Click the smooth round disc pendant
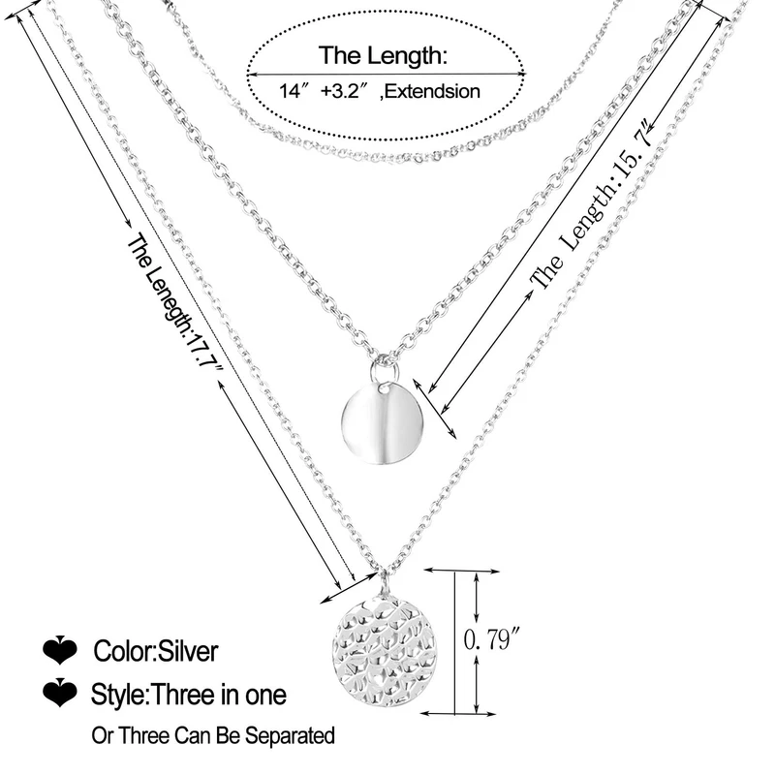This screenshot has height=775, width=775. coord(378,422)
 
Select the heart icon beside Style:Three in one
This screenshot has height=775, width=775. coord(60,694)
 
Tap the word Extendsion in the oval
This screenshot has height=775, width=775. coord(436,92)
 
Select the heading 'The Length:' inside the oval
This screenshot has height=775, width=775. coord(384,56)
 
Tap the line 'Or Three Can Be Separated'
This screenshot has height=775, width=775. coord(213,736)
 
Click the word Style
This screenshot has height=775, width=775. coord(116,694)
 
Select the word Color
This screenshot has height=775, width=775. coord(122,651)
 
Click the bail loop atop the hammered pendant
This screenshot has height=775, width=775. coord(385,585)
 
